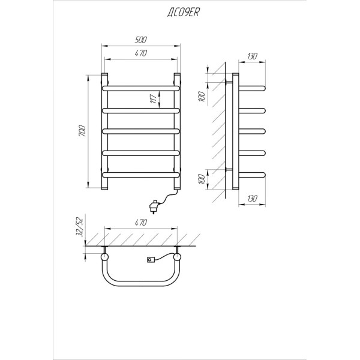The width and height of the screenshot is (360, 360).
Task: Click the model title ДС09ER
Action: (x=183, y=12)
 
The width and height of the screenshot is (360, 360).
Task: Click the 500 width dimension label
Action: (x=140, y=40)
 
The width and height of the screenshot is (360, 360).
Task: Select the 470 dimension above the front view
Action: (x=140, y=53)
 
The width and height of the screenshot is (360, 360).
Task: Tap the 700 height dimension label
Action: (x=82, y=131)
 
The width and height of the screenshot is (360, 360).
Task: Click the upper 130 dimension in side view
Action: (x=252, y=56)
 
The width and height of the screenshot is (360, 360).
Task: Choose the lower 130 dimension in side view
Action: (x=252, y=199)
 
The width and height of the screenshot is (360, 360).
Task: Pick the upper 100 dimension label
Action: (x=201, y=97)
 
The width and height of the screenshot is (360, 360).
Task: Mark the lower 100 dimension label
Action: (x=201, y=179)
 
